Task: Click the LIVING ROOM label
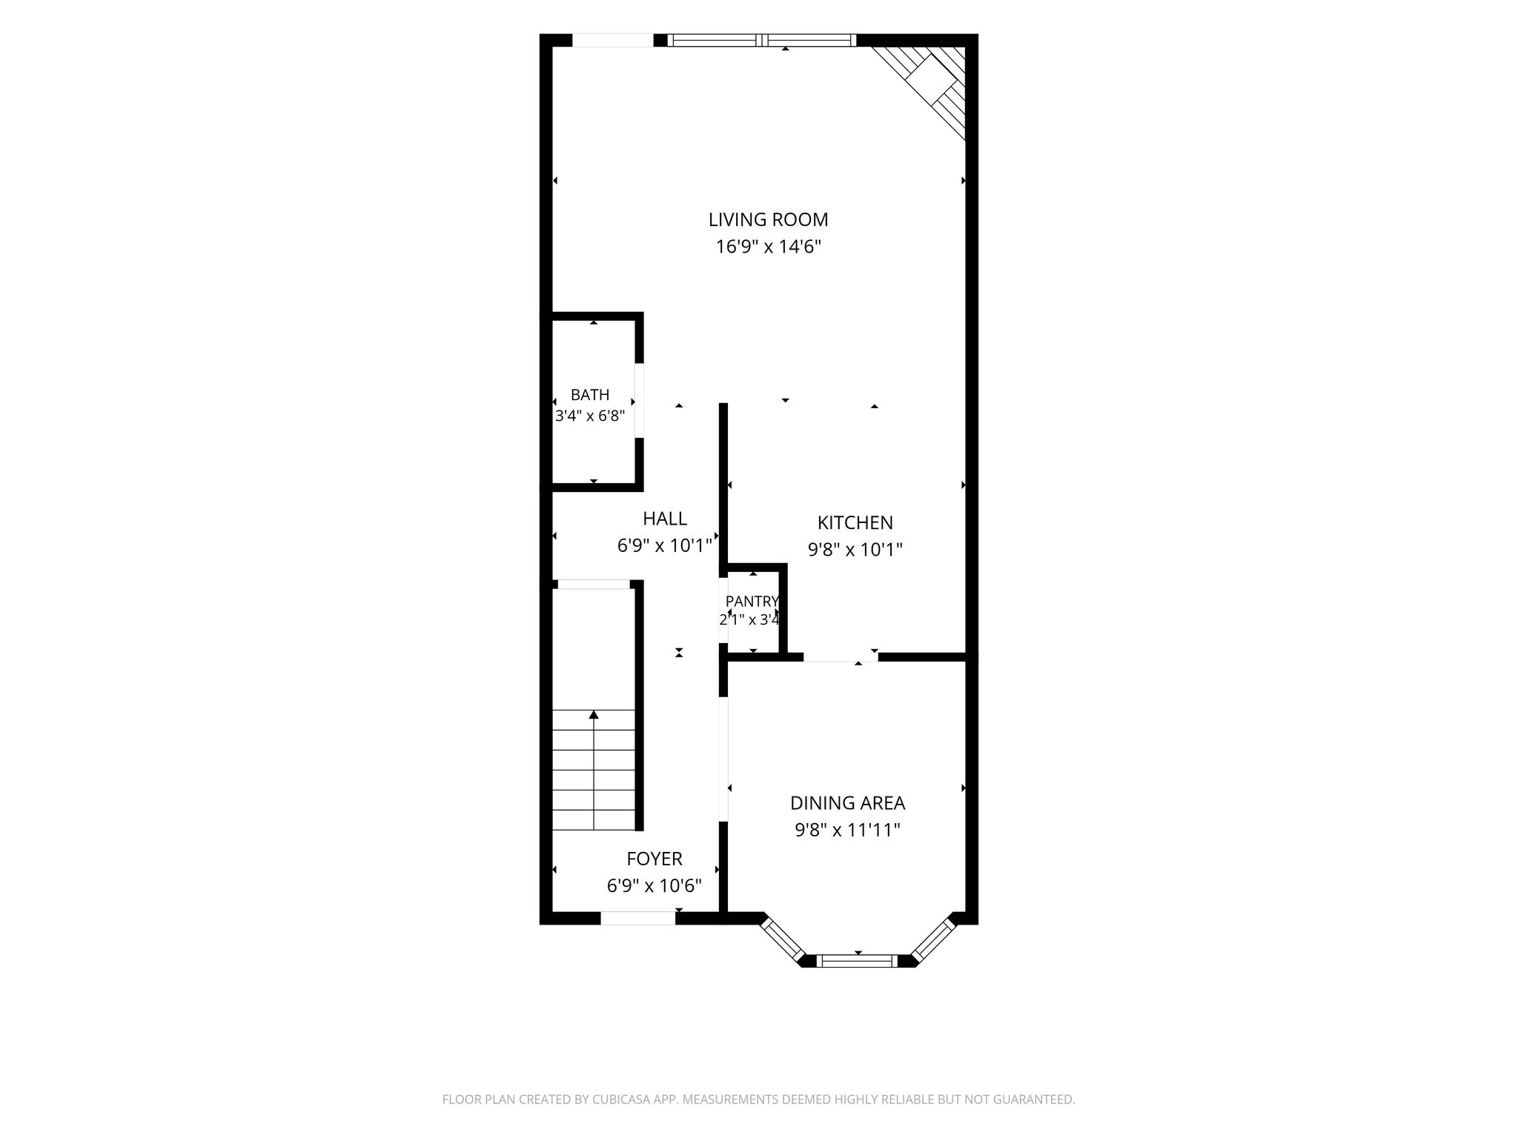point(768,219)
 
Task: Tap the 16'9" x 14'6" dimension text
point(769,247)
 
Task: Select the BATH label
point(590,395)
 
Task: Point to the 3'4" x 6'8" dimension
point(590,416)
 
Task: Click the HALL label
point(665,519)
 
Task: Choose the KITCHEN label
point(855,523)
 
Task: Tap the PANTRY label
point(752,601)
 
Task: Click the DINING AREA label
point(847,803)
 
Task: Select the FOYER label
point(654,859)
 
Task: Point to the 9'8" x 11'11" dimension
point(847,830)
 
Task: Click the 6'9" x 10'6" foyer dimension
point(654,886)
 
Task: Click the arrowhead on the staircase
point(594,714)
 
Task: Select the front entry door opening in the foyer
point(637,918)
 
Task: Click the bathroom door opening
point(639,400)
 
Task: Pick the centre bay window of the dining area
point(858,961)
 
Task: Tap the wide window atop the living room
point(762,40)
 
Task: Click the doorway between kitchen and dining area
point(841,657)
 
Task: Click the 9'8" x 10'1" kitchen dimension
point(855,550)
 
